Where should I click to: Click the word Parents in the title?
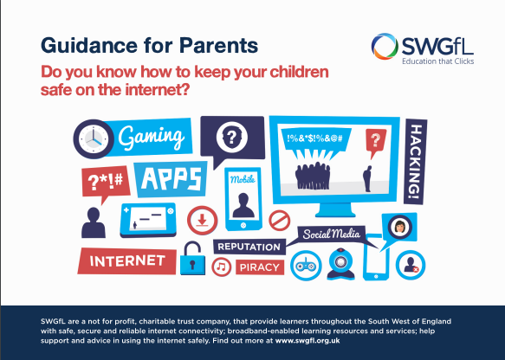tap(218, 45)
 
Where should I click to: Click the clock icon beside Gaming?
tap(94, 139)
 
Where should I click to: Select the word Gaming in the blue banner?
tap(152, 137)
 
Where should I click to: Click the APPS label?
tap(171, 179)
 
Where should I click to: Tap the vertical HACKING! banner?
tap(415, 162)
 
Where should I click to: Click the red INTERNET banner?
tap(127, 260)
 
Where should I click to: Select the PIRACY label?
tap(260, 267)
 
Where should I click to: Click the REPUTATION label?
tap(249, 247)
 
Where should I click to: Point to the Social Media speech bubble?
tap(331, 235)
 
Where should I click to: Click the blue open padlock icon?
tap(192, 259)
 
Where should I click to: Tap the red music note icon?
tap(221, 267)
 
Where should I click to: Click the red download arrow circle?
tap(202, 221)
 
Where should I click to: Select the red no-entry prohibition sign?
tap(280, 221)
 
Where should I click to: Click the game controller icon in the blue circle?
tap(306, 266)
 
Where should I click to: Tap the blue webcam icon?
tap(340, 263)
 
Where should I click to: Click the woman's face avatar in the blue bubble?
tap(400, 227)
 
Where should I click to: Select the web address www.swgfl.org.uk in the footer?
tap(308, 340)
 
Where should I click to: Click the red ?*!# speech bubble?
tap(106, 183)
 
